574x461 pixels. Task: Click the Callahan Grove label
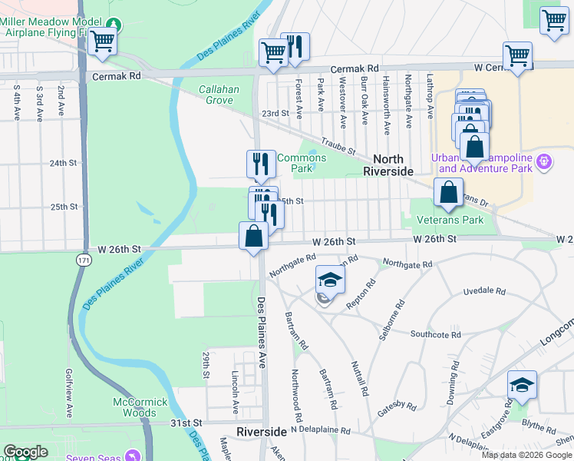click(219, 95)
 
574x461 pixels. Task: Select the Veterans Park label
click(450, 220)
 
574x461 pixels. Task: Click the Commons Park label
click(302, 163)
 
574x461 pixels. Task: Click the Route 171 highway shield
click(82, 261)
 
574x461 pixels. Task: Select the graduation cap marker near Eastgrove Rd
click(522, 386)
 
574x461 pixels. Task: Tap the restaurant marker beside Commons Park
click(261, 164)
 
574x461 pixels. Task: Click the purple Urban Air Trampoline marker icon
click(543, 162)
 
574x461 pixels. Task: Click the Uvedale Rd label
click(485, 292)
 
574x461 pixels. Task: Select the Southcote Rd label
click(435, 334)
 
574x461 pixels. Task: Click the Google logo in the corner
click(25, 452)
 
